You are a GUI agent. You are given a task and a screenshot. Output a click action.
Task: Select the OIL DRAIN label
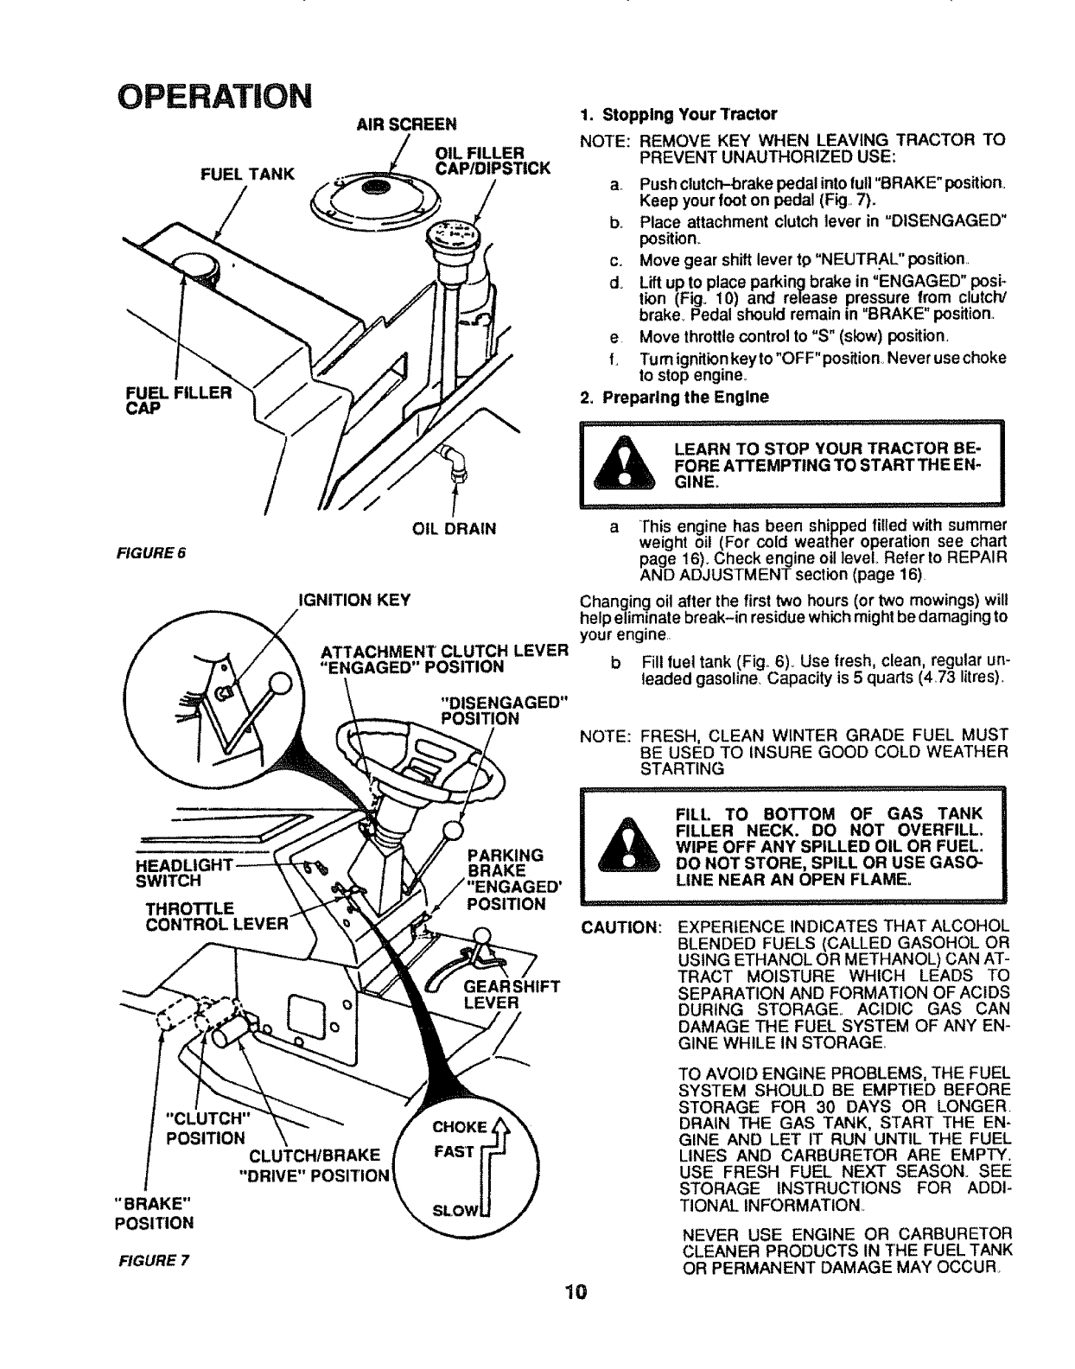451,529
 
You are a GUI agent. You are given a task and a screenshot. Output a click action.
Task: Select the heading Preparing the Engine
675,398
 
